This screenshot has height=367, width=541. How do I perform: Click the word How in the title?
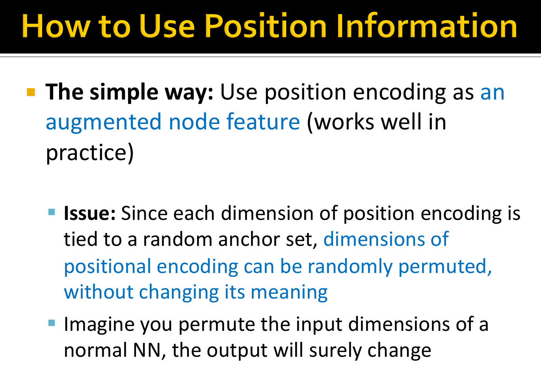point(56,26)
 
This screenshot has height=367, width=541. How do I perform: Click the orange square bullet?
point(31,92)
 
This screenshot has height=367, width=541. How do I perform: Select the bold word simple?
point(124,92)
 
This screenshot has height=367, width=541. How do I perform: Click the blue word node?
point(194,122)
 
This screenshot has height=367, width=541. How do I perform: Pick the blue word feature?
point(263,122)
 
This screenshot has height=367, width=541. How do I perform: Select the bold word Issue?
point(89,214)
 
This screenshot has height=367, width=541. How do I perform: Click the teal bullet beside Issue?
point(52,212)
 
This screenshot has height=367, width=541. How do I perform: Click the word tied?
point(80,239)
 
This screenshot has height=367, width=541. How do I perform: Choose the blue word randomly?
point(350,266)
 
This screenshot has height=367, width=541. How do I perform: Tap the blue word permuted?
point(445,266)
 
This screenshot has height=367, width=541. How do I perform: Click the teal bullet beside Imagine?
point(52,323)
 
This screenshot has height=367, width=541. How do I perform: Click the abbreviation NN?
point(147,350)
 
